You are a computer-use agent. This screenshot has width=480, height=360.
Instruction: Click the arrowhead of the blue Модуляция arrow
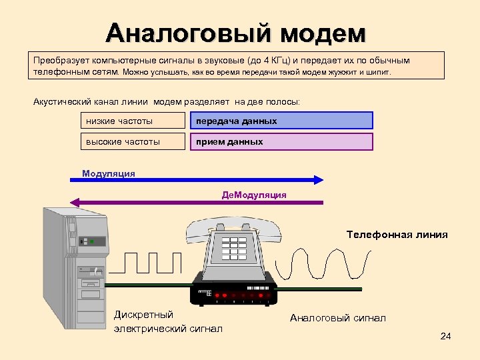coord(319,179)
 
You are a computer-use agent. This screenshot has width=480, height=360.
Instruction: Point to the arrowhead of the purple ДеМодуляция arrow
coord(75,203)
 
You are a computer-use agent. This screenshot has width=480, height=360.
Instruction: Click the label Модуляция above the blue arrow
coord(109,173)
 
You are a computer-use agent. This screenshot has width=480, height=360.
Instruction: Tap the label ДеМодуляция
coord(254,195)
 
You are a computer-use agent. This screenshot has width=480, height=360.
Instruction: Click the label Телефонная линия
coord(397,235)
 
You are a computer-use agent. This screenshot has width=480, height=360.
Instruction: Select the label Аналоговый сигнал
coord(337,318)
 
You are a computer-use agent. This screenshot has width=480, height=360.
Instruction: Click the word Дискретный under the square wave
coord(143,315)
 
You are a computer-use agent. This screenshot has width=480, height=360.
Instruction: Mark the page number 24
coord(446,336)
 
